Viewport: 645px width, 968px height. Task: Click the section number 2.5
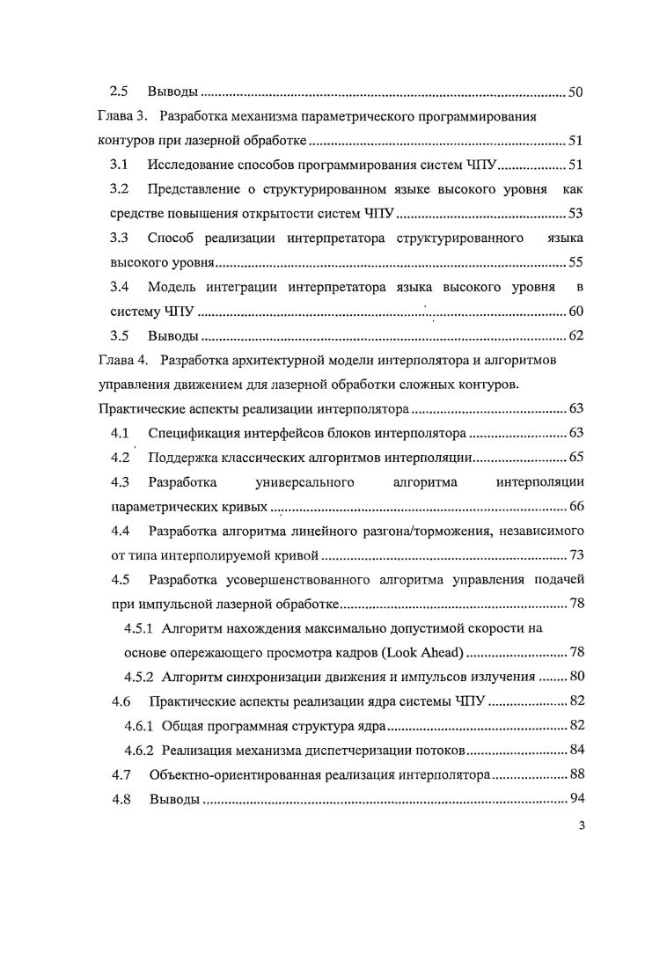119,92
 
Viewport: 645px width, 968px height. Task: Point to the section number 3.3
119,238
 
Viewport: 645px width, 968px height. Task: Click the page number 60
575,311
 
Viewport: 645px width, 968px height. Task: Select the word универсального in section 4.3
304,482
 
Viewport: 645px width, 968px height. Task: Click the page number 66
575,506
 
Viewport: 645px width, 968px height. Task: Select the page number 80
575,677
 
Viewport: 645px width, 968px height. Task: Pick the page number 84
575,750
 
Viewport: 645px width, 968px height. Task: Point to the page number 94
575,799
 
